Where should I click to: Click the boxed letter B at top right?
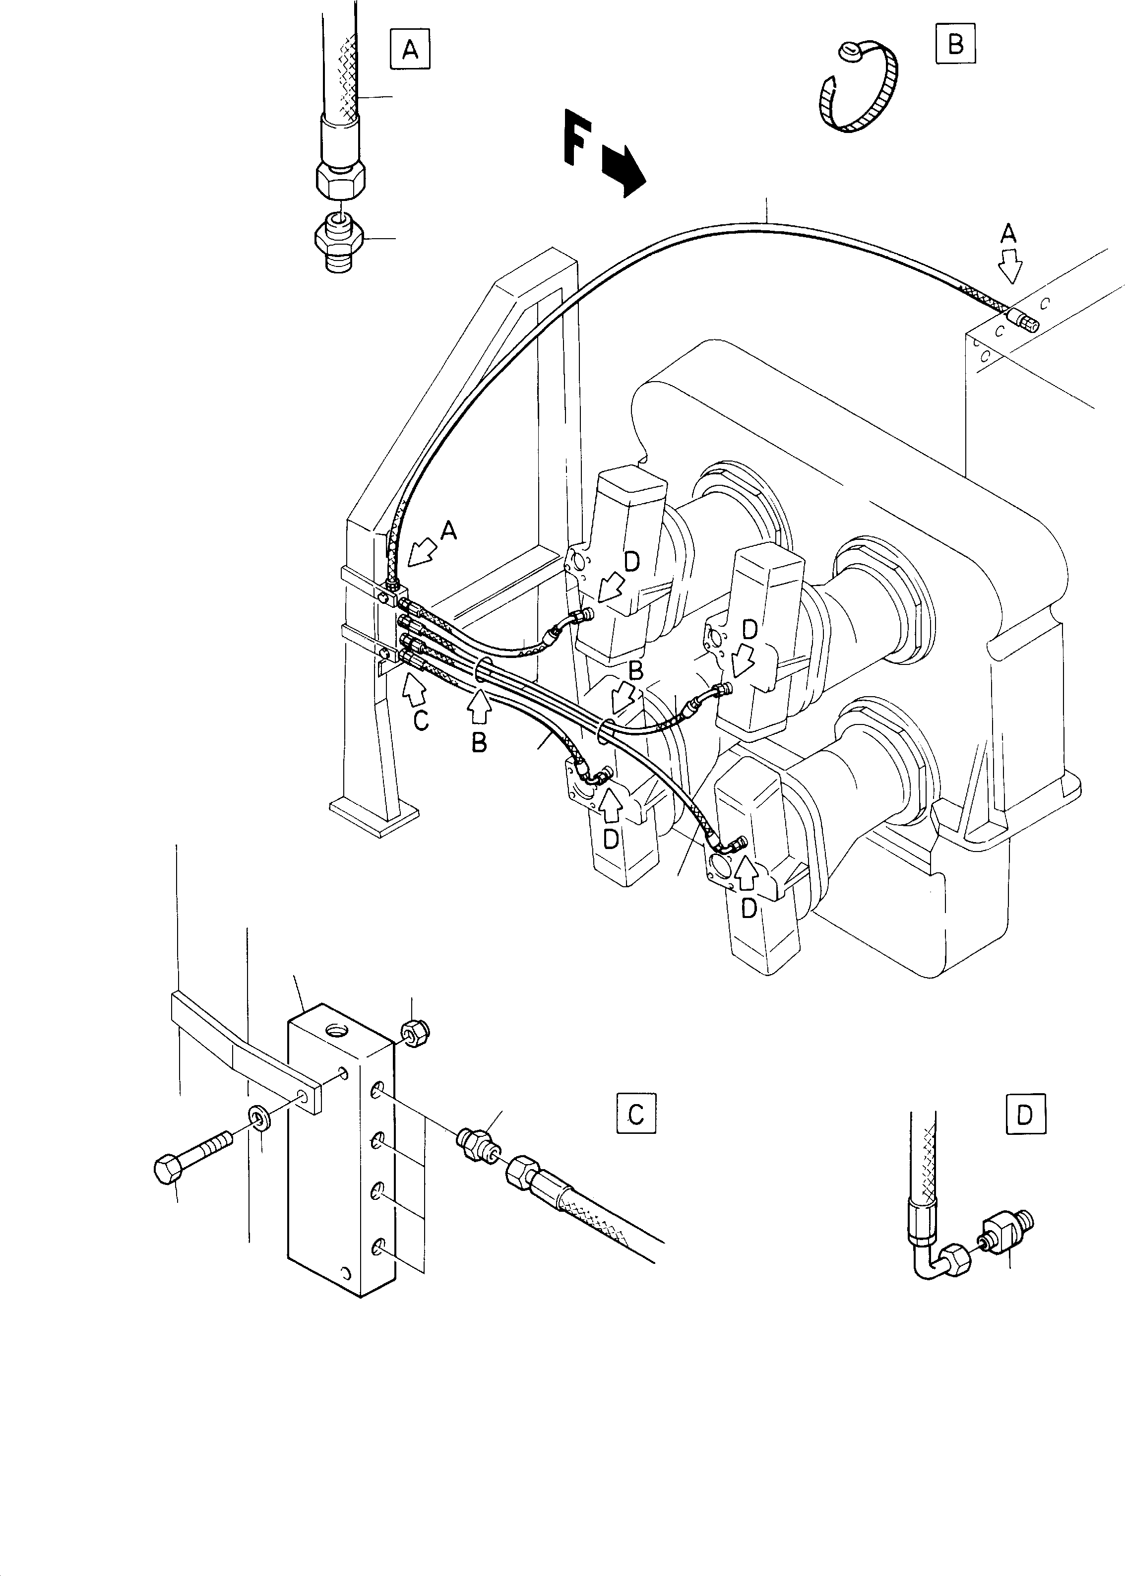click(955, 44)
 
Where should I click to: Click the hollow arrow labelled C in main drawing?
click(414, 690)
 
